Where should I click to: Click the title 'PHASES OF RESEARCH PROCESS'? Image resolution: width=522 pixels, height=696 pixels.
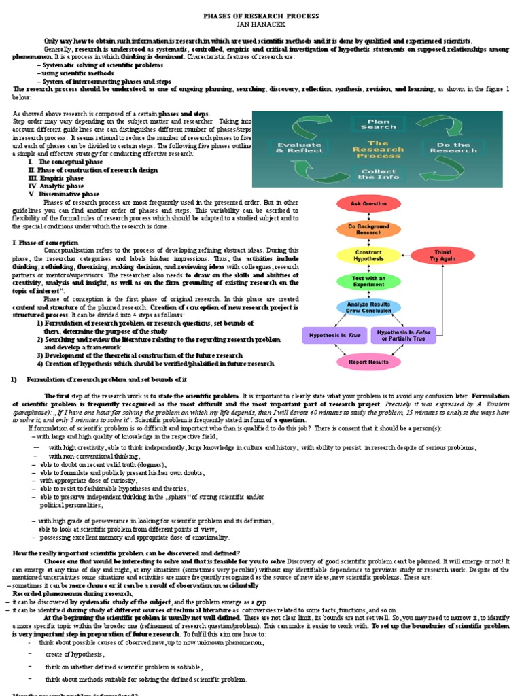pyautogui.click(x=261, y=16)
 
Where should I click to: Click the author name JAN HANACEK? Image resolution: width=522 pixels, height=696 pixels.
pyautogui.click(x=261, y=24)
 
